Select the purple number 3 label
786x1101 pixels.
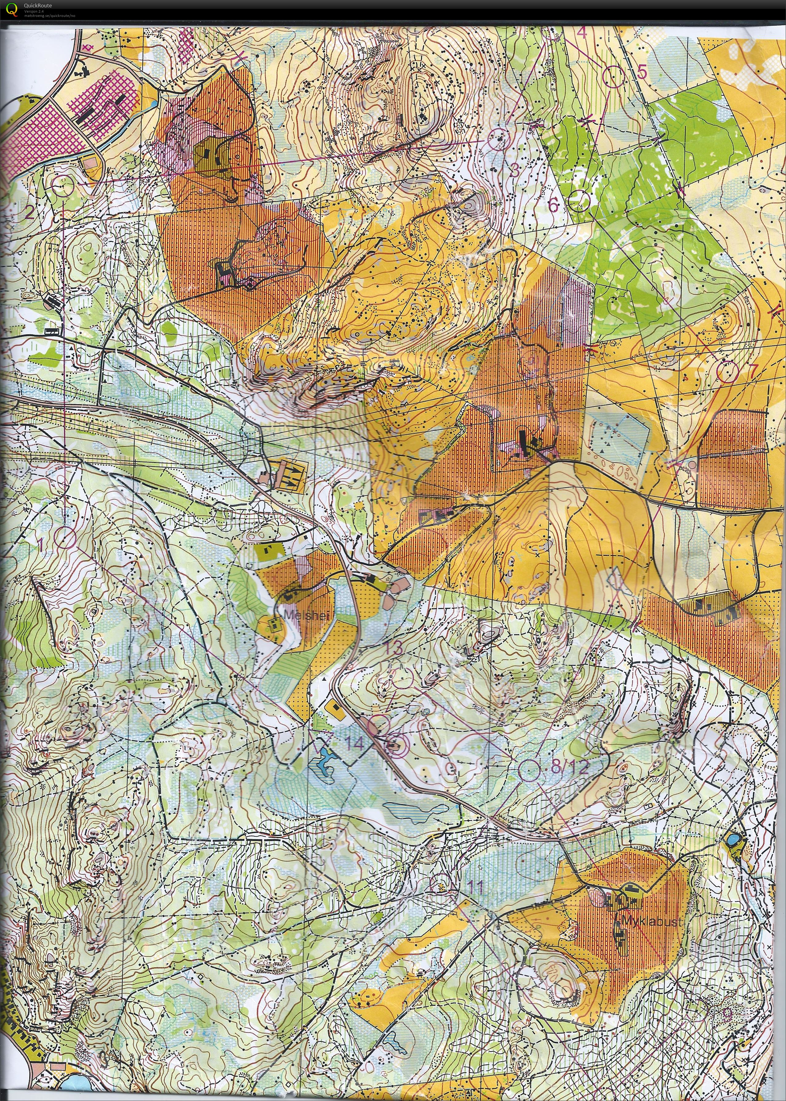(x=514, y=170)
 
